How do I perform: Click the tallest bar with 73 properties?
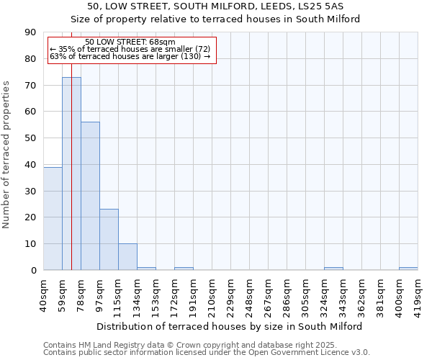[x=71, y=174]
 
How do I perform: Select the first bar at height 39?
[x=53, y=218]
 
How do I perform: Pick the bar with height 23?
[x=109, y=240]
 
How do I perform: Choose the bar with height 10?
[x=127, y=257]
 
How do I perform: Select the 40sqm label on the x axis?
[x=43, y=294]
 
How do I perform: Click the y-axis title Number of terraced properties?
[x=7, y=155]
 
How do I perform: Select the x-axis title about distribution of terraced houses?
[x=230, y=326]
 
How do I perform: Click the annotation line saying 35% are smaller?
[x=130, y=49]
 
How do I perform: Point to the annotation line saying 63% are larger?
[x=130, y=56]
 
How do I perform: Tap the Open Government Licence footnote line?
[x=207, y=353]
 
